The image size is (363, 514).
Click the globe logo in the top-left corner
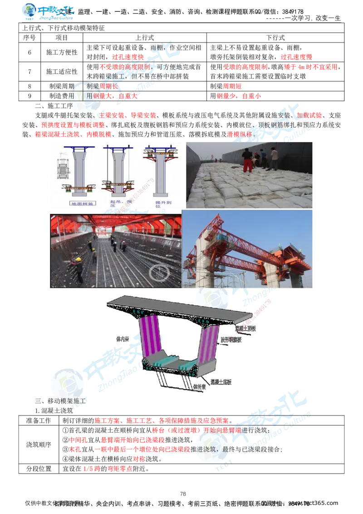pyautogui.click(x=30, y=12)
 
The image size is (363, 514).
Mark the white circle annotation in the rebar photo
pyautogui.click(x=159, y=273)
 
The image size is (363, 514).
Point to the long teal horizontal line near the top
pyautogui.click(x=281, y=466)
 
